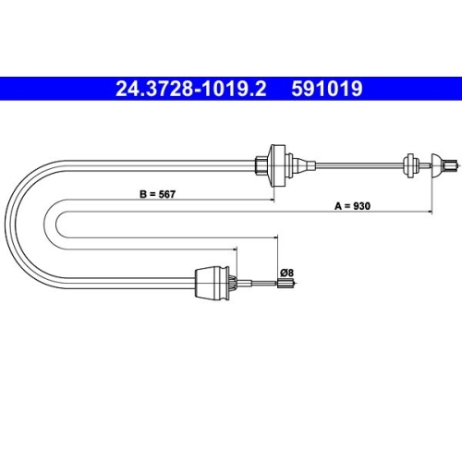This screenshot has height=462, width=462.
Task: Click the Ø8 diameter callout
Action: (x=286, y=272)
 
